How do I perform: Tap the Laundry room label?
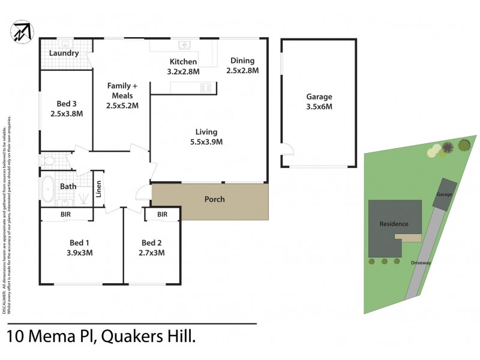click(x=64, y=53)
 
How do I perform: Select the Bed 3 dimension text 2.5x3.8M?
click(x=66, y=113)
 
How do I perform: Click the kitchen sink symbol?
click(x=184, y=45)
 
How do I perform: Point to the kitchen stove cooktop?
click(x=206, y=88)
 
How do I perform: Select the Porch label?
click(x=215, y=199)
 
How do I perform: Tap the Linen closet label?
click(x=98, y=189)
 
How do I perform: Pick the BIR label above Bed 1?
click(x=66, y=214)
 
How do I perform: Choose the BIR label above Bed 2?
click(x=162, y=214)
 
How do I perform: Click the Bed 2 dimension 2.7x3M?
click(x=152, y=253)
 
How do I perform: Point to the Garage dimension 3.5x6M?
click(x=319, y=106)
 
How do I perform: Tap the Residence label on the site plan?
click(x=394, y=224)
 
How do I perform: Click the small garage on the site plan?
click(x=444, y=194)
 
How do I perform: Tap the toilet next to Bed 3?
click(x=47, y=161)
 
